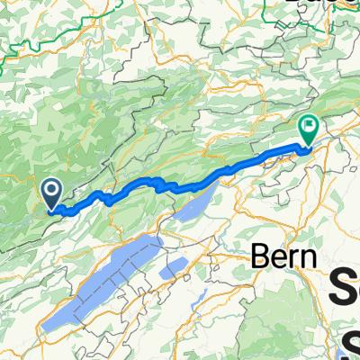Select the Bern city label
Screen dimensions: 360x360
click(x=284, y=256)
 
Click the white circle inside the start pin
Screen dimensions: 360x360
click(x=51, y=189)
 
